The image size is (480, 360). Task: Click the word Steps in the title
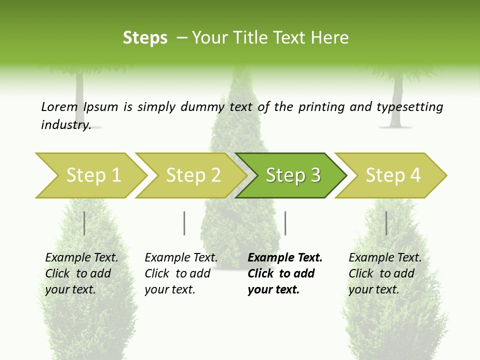(145, 38)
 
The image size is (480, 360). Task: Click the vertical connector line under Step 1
(84, 223)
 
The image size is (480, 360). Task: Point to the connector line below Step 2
(184, 223)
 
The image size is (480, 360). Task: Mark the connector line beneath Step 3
(285, 223)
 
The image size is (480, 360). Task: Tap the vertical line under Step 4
(386, 223)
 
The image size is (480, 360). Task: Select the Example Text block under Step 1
(81, 273)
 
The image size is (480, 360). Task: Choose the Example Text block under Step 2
(181, 273)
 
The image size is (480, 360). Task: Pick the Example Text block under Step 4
(385, 273)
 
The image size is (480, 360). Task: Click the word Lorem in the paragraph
(59, 106)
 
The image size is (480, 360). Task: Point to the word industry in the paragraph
(65, 124)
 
